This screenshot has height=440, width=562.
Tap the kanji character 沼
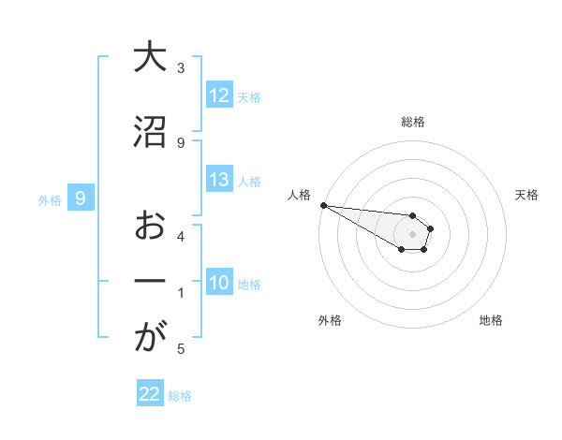pos(149,132)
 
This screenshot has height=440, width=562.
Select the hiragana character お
pos(149,226)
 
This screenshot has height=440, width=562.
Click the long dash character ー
pos(149,282)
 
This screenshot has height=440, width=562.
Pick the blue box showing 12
pos(218,95)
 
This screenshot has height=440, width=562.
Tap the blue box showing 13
pos(218,180)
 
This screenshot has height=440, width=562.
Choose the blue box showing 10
pos(218,283)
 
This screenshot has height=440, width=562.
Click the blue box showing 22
pos(150,394)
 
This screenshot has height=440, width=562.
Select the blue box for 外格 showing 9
pos(81,198)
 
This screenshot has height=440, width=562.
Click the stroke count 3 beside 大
pos(181,67)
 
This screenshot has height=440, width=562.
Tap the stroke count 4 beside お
pos(181,236)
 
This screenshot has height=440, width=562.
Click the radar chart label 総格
pos(413,122)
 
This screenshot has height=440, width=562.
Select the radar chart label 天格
pos(527,195)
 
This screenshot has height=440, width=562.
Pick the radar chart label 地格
pos(491,320)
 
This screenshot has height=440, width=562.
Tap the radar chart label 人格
pos(299,195)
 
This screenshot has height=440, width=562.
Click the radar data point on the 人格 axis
pos(323,205)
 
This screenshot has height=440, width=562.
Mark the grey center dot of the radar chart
pos(412,234)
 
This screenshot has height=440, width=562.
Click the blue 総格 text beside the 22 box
pos(180,396)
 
